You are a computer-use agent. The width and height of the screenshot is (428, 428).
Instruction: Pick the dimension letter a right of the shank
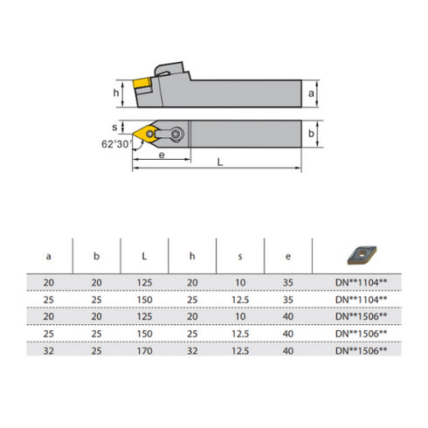312,93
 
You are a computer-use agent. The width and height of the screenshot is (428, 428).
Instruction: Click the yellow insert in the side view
142,85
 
